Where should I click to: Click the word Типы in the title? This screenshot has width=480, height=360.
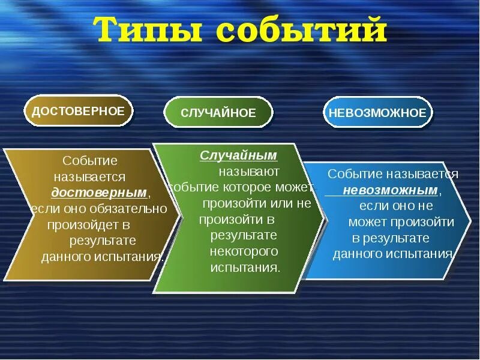(149, 29)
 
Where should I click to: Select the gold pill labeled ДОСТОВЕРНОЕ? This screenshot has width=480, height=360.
(79, 111)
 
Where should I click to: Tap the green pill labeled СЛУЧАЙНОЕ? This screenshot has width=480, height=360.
(218, 113)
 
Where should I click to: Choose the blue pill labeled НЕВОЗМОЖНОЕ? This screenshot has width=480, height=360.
(377, 113)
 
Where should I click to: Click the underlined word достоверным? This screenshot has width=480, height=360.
(99, 193)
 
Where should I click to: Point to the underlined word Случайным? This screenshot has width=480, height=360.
(238, 155)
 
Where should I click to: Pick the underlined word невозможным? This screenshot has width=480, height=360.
(391, 190)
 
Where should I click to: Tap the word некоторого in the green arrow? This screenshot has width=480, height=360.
(244, 251)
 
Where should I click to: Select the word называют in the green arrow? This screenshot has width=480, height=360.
(249, 172)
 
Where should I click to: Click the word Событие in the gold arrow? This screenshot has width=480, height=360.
(90, 161)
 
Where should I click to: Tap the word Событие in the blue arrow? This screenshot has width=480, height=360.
(355, 174)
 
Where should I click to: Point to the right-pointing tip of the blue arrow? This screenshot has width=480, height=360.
(471, 221)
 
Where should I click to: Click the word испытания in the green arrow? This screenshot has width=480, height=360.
(245, 268)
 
